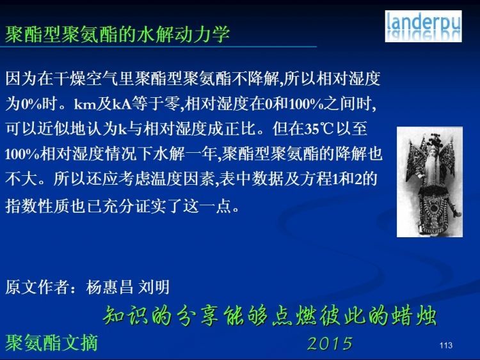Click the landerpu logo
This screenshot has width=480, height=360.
click(424, 26)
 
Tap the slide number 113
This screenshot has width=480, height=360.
click(446, 345)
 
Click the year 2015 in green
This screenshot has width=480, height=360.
click(330, 343)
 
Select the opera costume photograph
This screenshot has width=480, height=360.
click(429, 182)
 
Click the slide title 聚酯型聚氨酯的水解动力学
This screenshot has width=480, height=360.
click(117, 34)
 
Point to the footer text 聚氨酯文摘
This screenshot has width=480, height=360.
click(51, 343)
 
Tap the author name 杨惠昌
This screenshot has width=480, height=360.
click(109, 287)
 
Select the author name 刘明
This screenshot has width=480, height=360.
click(154, 287)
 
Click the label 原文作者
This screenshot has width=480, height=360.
click(37, 287)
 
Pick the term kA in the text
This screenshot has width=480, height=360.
click(122, 104)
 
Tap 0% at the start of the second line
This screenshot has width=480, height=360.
click(31, 104)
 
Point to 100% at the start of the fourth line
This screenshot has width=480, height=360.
click(22, 154)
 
